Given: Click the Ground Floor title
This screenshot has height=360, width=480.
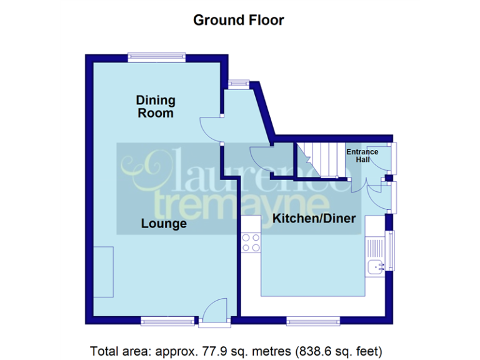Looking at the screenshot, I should click(x=238, y=20).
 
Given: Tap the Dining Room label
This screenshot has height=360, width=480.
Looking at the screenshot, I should click(x=156, y=106).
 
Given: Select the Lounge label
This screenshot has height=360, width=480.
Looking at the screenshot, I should click(x=164, y=223).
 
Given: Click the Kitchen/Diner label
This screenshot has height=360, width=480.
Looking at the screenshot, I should click(x=314, y=218).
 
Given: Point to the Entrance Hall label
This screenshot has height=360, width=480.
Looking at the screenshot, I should click(x=362, y=156).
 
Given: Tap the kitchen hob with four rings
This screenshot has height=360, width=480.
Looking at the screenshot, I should click(x=251, y=242).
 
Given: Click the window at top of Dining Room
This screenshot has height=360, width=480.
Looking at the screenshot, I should click(x=156, y=57).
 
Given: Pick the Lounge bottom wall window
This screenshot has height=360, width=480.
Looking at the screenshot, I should click(x=167, y=321).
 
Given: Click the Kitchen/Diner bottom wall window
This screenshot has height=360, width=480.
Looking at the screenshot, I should click(x=314, y=321).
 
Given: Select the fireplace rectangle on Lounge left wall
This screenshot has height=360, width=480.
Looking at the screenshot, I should click(x=103, y=272).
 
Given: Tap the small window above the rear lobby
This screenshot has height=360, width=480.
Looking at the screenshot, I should click(x=238, y=82).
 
